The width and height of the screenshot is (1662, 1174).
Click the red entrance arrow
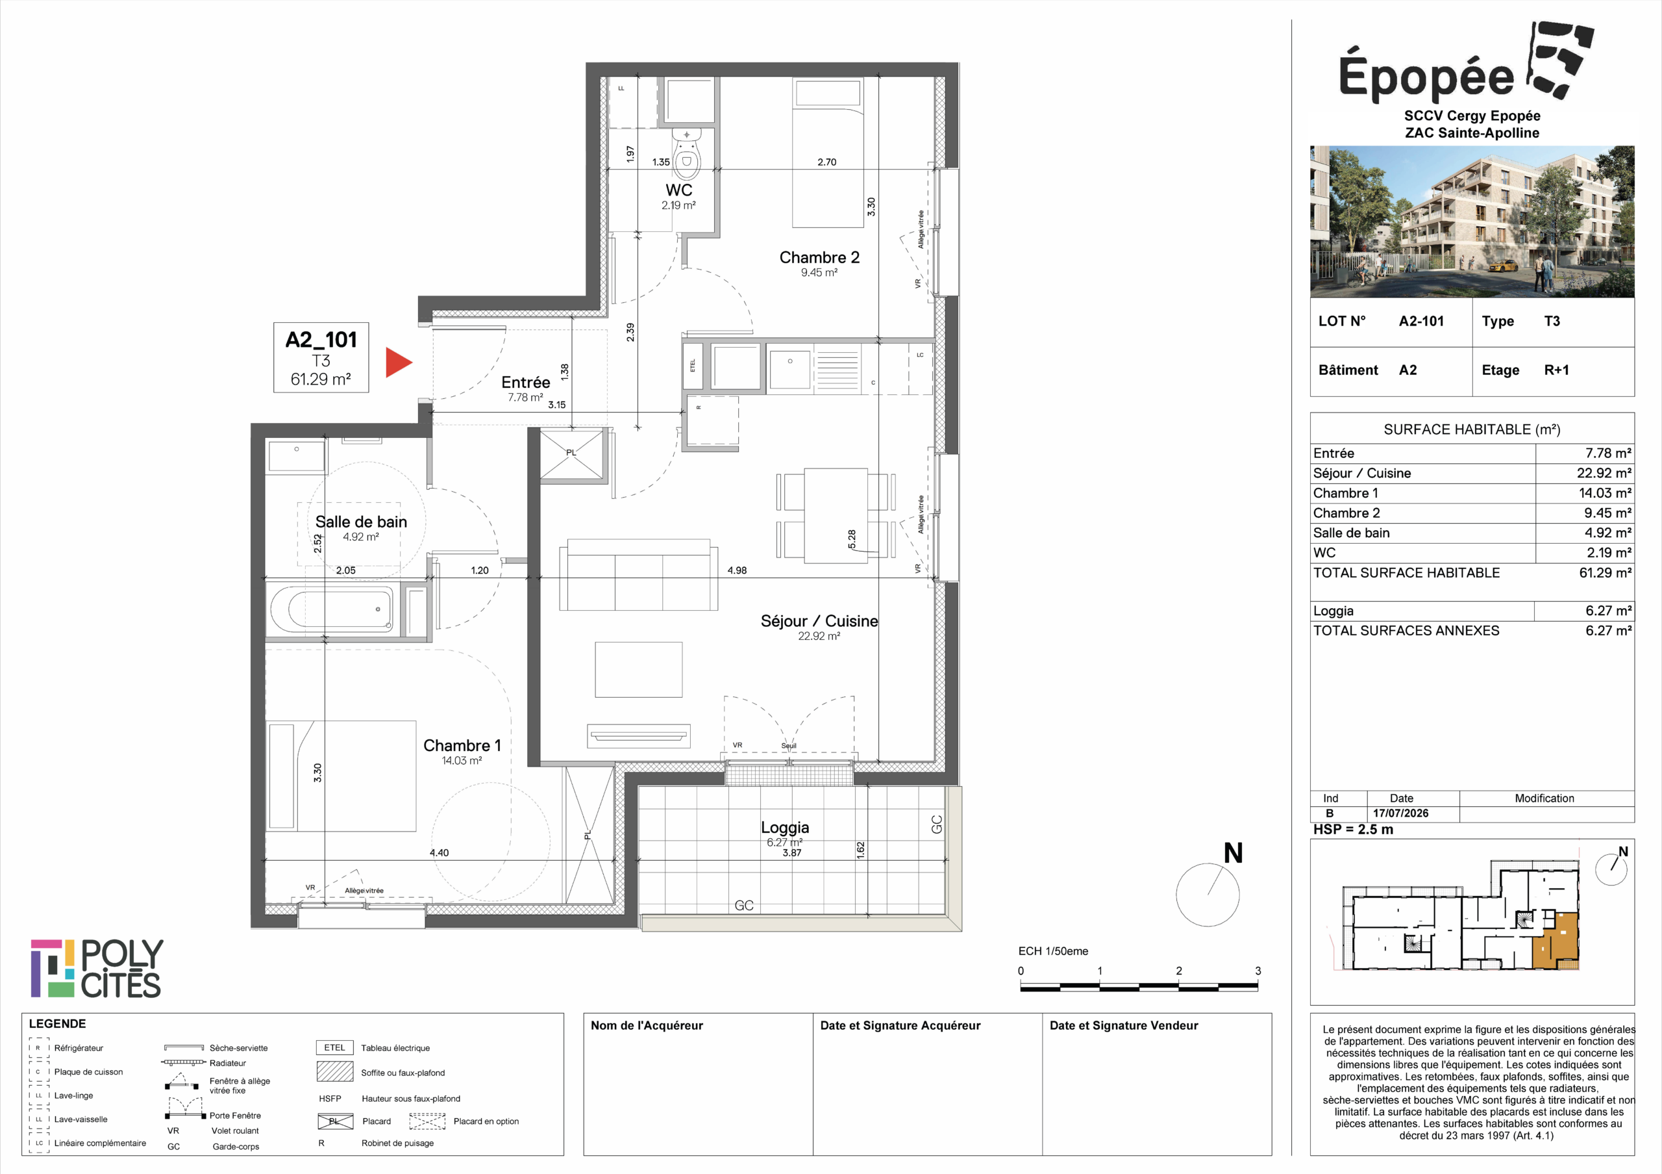(x=397, y=363)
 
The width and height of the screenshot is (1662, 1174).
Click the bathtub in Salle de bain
(x=332, y=609)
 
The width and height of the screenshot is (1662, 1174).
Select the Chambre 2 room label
(x=819, y=258)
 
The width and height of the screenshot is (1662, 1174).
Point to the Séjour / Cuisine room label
(x=819, y=621)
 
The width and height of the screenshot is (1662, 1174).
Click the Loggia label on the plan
(x=785, y=827)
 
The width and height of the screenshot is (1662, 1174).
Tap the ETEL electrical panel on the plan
(x=693, y=366)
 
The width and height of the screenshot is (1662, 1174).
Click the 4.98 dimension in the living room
(x=737, y=570)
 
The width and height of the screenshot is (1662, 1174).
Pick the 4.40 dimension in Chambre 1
(x=440, y=853)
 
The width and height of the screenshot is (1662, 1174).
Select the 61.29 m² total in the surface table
(x=1606, y=573)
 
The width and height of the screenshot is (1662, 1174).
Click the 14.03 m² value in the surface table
(x=1606, y=493)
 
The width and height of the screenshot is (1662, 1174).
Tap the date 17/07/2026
(x=1400, y=813)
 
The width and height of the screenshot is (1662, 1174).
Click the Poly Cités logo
(x=97, y=968)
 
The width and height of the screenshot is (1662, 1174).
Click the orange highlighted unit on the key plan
(x=1557, y=941)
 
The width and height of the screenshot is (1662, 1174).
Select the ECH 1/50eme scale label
(x=1053, y=952)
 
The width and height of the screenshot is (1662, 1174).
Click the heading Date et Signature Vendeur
(x=1123, y=1025)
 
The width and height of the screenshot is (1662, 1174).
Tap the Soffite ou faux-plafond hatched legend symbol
(x=334, y=1071)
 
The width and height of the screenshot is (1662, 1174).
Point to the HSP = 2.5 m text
(x=1353, y=830)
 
